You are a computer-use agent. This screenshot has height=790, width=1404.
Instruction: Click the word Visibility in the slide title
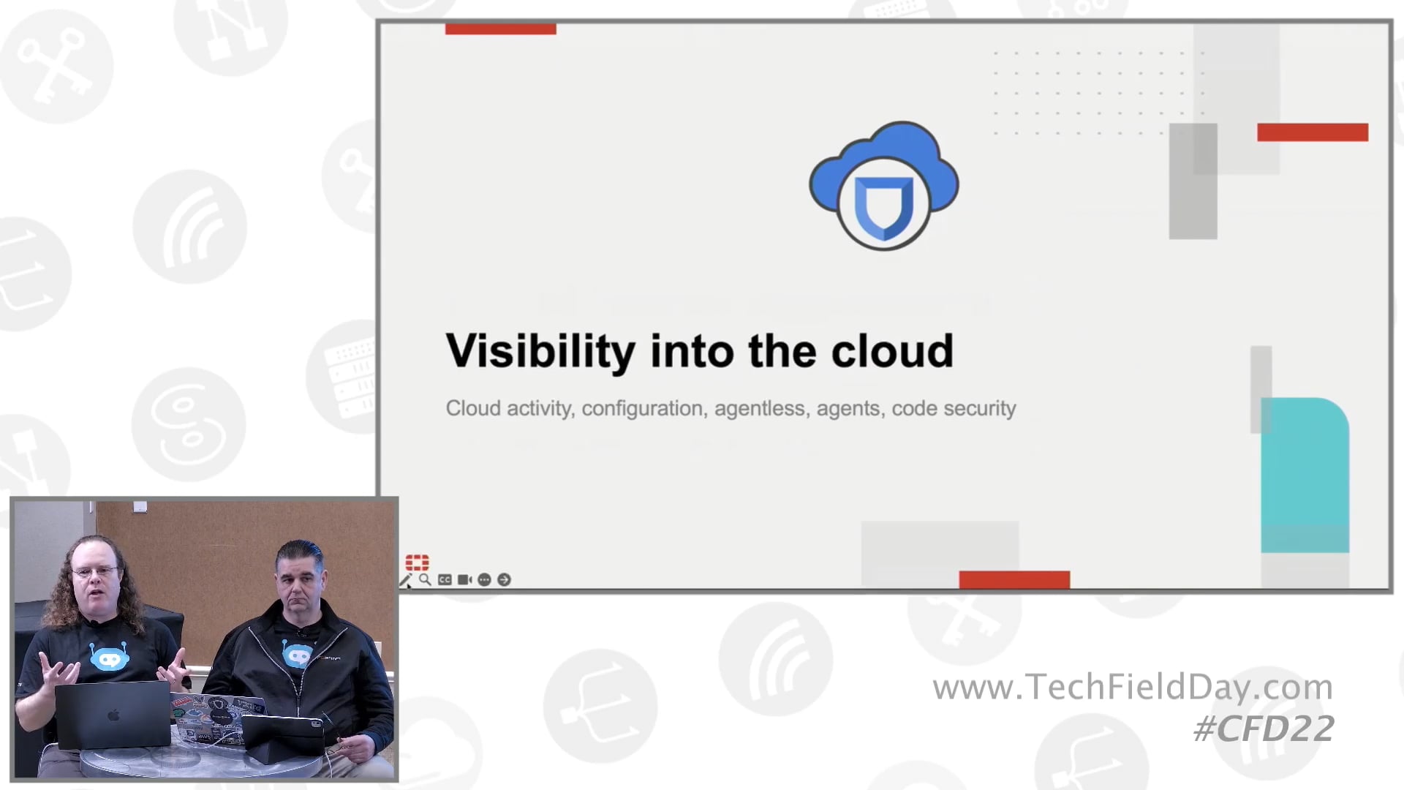[540, 352]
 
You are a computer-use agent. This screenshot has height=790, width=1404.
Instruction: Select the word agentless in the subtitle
[760, 408]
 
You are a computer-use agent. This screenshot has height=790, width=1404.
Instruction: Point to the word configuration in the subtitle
[642, 408]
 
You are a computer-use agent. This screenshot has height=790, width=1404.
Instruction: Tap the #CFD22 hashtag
[1264, 729]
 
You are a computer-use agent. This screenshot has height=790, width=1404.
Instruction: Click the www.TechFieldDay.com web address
[1133, 687]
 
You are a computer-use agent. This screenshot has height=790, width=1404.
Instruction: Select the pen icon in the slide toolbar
[405, 580]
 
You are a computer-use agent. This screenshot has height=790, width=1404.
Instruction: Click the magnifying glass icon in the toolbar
[425, 580]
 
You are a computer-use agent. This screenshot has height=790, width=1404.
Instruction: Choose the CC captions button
[445, 580]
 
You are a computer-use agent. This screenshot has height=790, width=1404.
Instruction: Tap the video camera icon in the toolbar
[464, 580]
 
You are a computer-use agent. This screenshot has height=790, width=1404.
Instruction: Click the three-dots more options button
[484, 580]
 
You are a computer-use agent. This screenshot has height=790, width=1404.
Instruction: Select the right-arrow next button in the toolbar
[504, 580]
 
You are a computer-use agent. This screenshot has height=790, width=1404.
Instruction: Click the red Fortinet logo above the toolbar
[417, 562]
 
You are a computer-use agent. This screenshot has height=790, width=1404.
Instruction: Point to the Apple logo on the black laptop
[113, 715]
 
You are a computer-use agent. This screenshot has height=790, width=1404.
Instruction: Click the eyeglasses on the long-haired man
[95, 571]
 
